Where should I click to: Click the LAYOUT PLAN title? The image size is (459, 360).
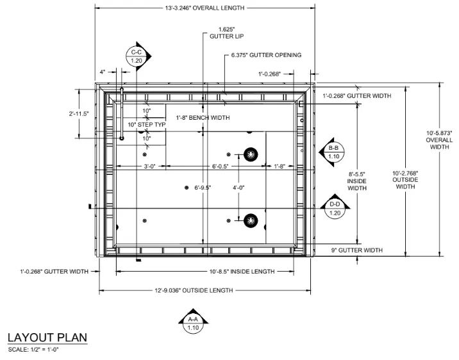[47, 338]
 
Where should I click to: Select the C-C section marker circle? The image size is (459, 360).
[137, 56]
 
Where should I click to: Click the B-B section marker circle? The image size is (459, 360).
[334, 152]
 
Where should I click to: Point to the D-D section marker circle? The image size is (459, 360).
[335, 209]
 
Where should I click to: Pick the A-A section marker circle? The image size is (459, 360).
[193, 323]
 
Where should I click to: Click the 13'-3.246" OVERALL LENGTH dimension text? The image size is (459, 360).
[204, 8]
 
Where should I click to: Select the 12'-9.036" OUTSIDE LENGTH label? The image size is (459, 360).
[194, 290]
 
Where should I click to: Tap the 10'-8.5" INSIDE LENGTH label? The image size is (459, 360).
[242, 272]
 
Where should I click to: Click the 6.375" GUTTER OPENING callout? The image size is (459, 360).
[266, 55]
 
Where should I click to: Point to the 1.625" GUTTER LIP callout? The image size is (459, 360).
[226, 33]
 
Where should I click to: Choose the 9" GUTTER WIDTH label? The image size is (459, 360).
[357, 250]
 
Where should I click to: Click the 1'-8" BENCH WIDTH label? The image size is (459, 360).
[203, 118]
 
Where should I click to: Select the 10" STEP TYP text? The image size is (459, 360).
[147, 124]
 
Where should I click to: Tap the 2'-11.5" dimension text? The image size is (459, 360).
[79, 114]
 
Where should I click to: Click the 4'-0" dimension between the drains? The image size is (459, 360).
[238, 188]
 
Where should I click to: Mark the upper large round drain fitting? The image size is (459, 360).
[251, 154]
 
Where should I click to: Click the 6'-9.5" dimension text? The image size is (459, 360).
[203, 188]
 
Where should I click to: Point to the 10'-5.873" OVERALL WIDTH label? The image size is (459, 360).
[439, 140]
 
